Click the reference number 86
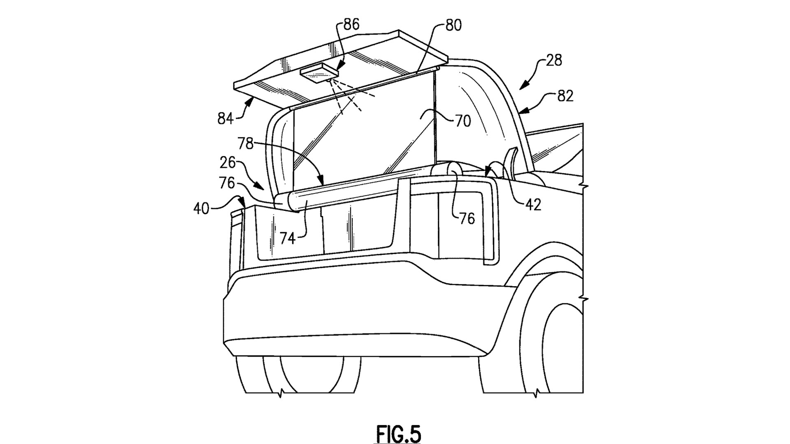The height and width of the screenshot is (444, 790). point(351,24)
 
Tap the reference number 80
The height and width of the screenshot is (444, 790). point(453,25)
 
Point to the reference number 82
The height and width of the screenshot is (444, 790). point(565,96)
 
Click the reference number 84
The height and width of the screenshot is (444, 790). point(226,119)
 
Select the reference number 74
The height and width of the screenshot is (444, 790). point(288,238)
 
